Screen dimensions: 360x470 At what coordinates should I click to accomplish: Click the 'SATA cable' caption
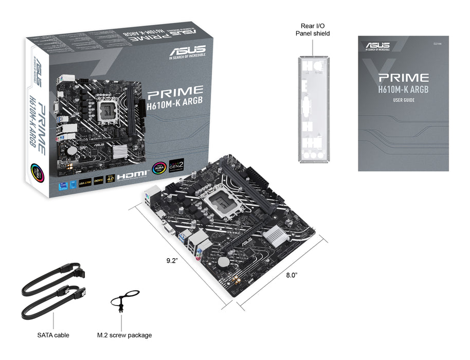53,335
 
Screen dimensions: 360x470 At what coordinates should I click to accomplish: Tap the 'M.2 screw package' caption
124,335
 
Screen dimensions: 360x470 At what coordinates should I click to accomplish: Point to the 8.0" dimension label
292,275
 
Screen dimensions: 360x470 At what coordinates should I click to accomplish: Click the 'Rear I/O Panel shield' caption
313,29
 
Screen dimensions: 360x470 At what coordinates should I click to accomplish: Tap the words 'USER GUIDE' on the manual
404,100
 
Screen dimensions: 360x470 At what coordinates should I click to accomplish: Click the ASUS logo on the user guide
377,46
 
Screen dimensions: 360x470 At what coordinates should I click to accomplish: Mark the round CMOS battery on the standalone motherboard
223,262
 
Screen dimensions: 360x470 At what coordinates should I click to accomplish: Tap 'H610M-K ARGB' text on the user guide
404,89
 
